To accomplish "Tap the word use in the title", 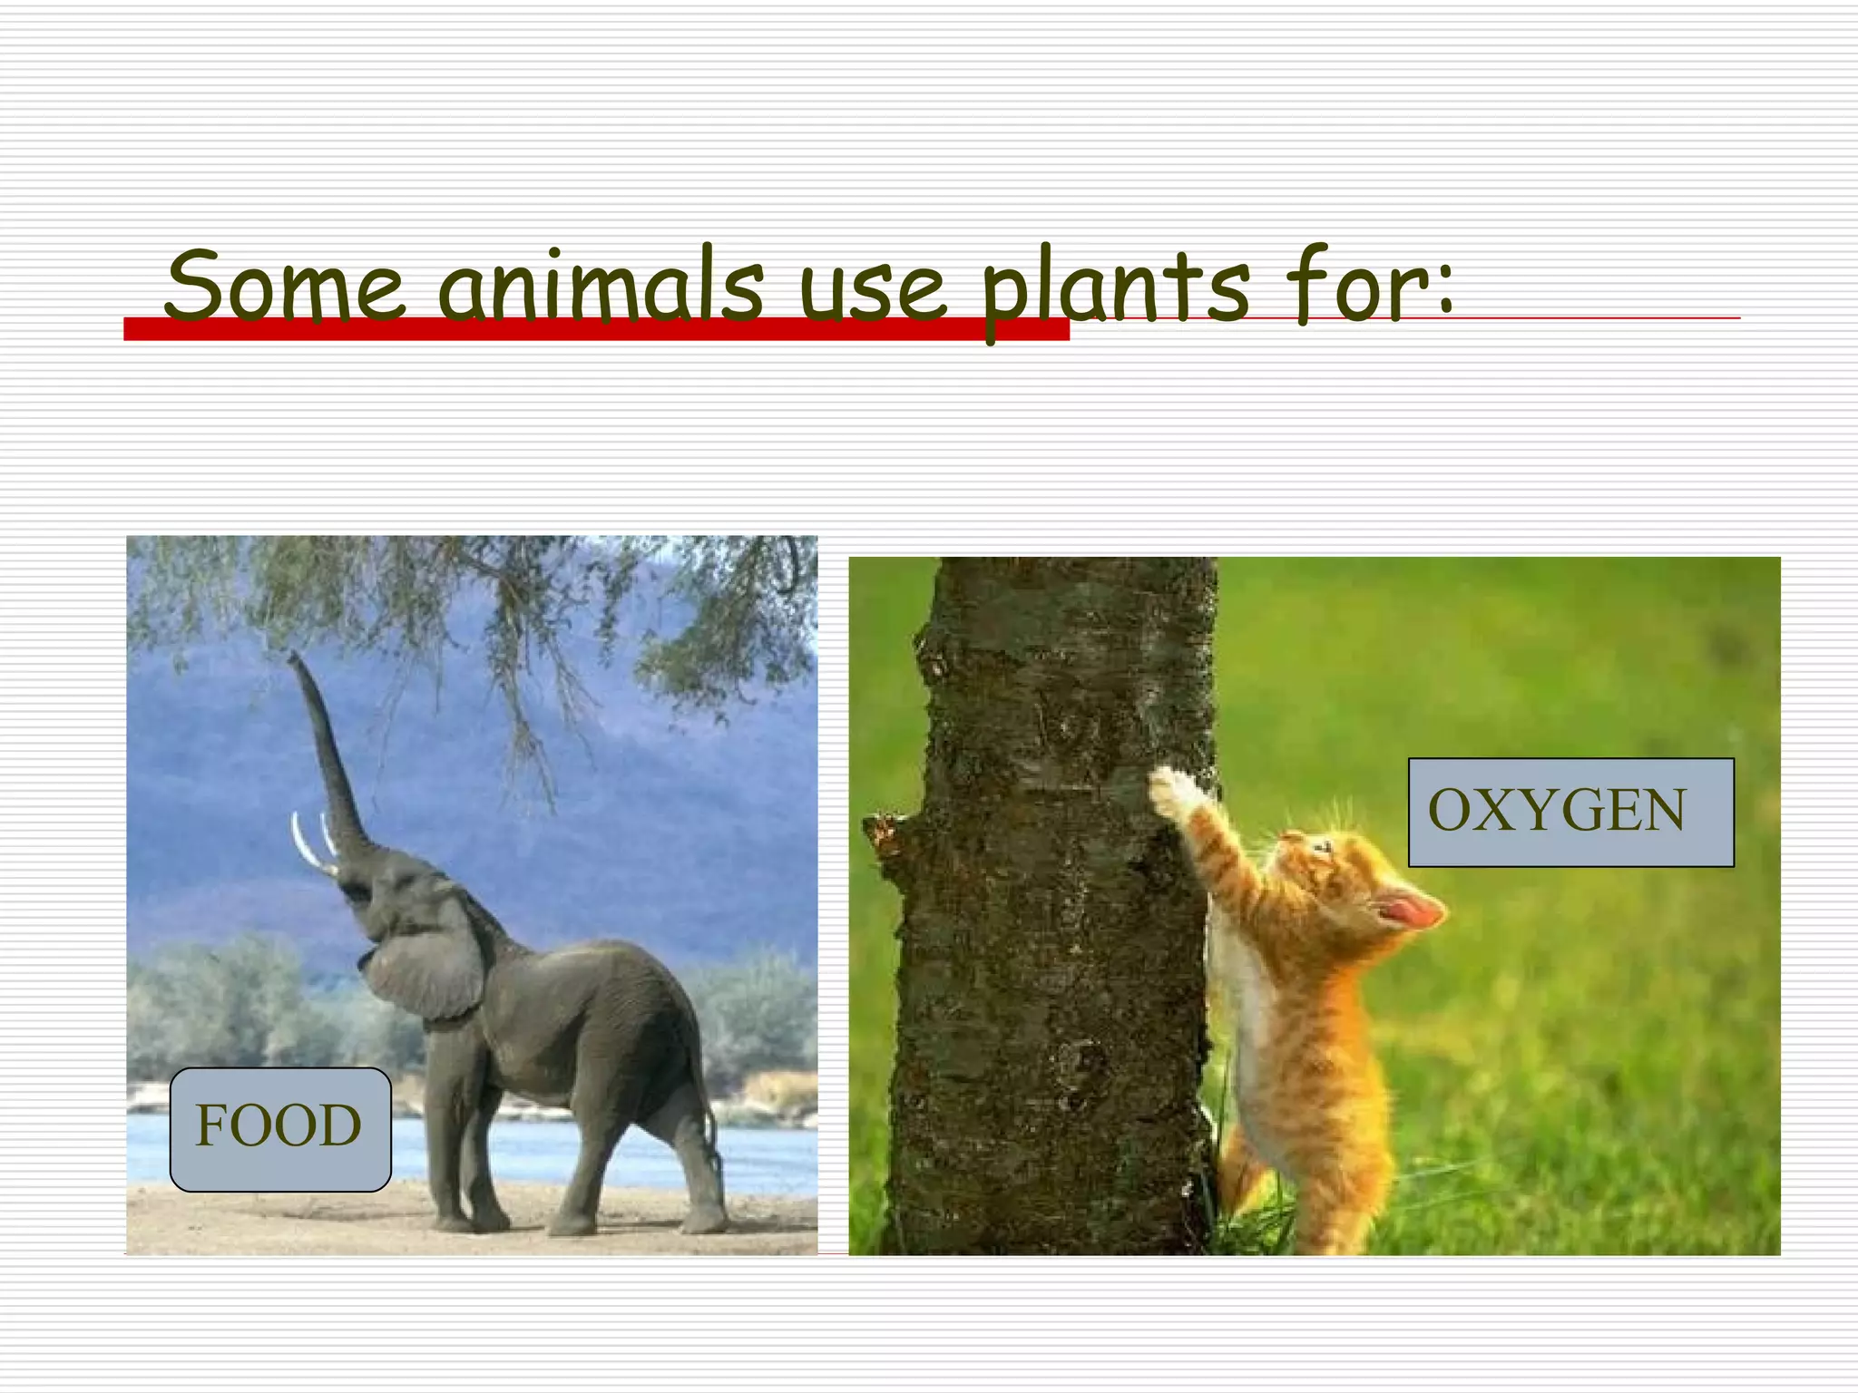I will point(872,288).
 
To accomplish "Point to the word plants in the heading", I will point(1117,288).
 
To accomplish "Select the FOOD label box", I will point(280,1128).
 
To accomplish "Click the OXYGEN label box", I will point(1570,812).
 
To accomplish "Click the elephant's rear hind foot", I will point(703,1220).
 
